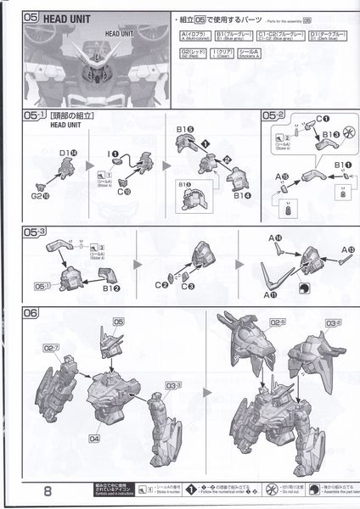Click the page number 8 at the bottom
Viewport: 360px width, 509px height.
click(30, 491)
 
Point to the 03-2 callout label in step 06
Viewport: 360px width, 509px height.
click(327, 322)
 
